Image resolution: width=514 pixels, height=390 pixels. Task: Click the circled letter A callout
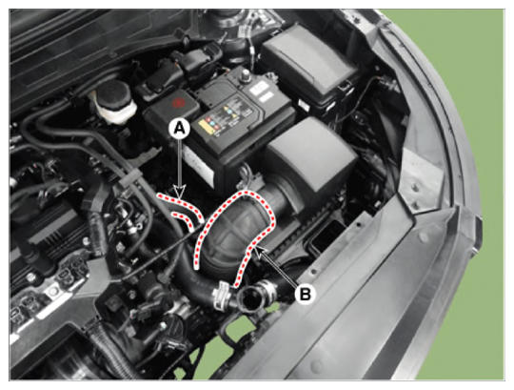(x=179, y=128)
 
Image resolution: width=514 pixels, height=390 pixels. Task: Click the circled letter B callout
(x=305, y=294)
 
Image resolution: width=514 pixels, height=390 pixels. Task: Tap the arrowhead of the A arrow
(x=179, y=192)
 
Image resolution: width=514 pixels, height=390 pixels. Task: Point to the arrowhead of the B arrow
(x=259, y=252)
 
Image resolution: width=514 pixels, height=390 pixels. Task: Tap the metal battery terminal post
(x=246, y=76)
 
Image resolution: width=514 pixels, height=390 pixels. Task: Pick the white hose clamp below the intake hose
(x=222, y=294)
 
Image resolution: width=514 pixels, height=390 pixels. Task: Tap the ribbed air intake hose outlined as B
(x=235, y=234)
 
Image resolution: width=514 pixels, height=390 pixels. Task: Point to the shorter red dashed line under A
(x=184, y=219)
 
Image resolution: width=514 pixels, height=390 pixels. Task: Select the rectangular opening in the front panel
(x=325, y=235)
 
